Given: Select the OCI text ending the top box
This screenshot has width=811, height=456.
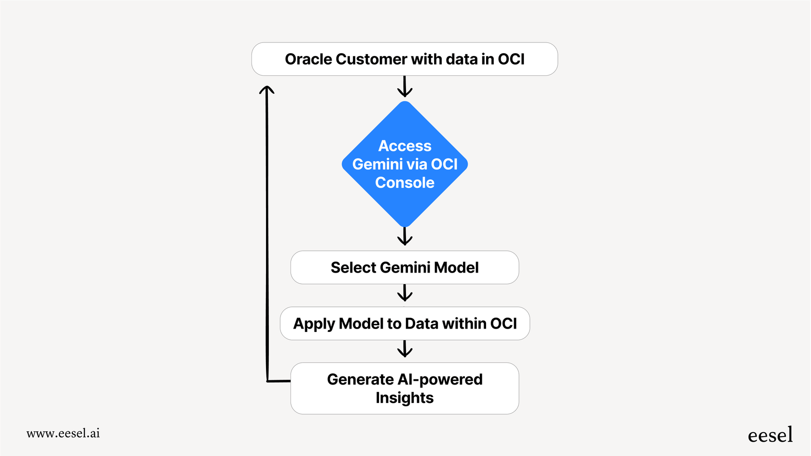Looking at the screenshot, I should [511, 59].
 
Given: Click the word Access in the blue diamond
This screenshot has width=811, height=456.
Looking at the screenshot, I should [405, 146].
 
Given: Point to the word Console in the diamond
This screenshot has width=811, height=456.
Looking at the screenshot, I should [405, 183].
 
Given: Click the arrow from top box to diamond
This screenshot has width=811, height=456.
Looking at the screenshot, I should [405, 87].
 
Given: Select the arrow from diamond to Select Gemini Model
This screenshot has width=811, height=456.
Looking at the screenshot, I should [405, 236].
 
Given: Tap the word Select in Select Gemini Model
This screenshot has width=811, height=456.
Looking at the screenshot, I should [353, 267].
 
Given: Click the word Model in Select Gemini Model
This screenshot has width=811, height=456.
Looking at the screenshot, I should [456, 267].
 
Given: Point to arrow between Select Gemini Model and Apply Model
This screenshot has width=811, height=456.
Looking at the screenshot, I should [405, 293].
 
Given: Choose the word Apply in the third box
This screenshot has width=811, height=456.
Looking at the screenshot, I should [314, 324].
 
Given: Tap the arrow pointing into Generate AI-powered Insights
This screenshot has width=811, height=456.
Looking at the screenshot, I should [405, 349].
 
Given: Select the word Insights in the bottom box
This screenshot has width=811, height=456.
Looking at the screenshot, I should [405, 398].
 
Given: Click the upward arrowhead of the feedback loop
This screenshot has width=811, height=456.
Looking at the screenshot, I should [266, 90].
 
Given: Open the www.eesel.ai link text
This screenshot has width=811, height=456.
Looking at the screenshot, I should [63, 433].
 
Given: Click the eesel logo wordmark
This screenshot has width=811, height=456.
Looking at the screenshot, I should [770, 435].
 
